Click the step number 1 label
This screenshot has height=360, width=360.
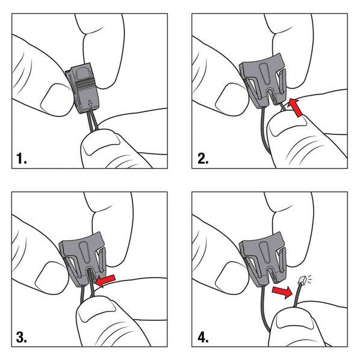click(21, 158)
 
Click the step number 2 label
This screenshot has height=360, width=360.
click(203, 158)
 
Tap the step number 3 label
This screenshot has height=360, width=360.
click(21, 338)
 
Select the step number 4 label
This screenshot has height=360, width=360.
click(203, 338)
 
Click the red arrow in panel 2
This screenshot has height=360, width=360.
click(296, 107)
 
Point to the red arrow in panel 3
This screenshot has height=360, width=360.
click(105, 281)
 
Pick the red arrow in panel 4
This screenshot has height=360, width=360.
click(282, 292)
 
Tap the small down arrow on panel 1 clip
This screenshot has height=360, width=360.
click(90, 104)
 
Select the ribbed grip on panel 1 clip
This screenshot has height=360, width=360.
click(85, 85)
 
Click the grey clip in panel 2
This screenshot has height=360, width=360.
click(263, 81)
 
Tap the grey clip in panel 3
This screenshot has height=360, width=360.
click(83, 259)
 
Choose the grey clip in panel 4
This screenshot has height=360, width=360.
click(263, 259)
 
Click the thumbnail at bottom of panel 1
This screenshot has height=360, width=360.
click(102, 144)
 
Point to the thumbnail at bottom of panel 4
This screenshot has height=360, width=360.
click(295, 321)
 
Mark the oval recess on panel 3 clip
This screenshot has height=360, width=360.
click(84, 252)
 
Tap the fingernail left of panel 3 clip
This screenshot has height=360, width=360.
click(51, 278)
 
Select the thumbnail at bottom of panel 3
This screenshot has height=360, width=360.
click(96, 311)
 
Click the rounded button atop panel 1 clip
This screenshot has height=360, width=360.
click(83, 74)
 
